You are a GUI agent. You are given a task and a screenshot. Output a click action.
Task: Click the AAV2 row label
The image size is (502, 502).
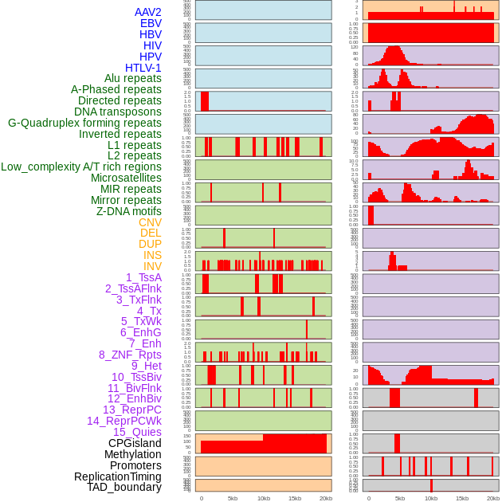pos(148,12)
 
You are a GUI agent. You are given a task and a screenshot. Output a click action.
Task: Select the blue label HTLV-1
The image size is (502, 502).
pos(143,68)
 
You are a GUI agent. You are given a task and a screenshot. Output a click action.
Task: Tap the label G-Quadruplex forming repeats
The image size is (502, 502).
pos(84,123)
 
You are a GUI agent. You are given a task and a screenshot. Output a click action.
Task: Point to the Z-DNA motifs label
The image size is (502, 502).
pos(129,211)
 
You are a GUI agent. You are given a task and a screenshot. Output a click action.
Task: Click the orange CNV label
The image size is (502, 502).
pos(150,222)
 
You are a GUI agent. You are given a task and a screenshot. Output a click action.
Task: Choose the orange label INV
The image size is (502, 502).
pos(152,266)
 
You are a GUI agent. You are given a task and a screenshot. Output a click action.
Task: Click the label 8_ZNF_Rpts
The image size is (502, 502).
pos(130,355)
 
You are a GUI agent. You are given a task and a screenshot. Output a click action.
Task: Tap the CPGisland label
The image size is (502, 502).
pos(135,443)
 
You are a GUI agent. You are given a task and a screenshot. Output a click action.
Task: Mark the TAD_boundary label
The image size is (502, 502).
pos(124,487)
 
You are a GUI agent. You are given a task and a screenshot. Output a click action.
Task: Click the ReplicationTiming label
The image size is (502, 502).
pos(118,477)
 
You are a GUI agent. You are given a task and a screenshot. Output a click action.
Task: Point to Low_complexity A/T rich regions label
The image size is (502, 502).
pos(81,167)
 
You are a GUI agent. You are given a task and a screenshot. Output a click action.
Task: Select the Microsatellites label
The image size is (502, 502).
pos(126,178)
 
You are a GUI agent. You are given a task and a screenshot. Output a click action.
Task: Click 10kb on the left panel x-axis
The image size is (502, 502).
pos(264,498)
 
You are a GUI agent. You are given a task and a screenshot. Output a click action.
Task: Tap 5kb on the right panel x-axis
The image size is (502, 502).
pos(400,498)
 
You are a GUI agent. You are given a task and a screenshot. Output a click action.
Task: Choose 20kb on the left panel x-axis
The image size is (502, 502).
pos(326,498)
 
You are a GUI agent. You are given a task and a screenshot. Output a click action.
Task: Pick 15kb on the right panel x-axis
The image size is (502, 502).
pos(462,498)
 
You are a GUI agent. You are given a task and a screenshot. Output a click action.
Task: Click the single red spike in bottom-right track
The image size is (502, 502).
pos(431,485)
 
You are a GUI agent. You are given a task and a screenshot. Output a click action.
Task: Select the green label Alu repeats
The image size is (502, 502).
pos(133,78)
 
